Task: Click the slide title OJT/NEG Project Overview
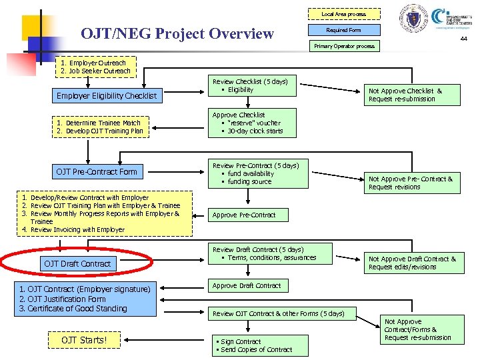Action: (x=177, y=33)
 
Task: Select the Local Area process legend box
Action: (x=343, y=14)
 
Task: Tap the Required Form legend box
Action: (x=343, y=30)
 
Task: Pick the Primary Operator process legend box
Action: (x=344, y=46)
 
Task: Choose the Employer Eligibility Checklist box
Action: (x=107, y=96)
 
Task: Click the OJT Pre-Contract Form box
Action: (x=97, y=172)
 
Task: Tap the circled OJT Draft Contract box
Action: (x=77, y=263)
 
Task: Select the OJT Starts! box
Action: (x=84, y=340)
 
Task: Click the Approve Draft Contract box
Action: (x=247, y=285)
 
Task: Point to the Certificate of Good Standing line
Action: (x=73, y=309)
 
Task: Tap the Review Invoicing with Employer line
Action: (x=77, y=229)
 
